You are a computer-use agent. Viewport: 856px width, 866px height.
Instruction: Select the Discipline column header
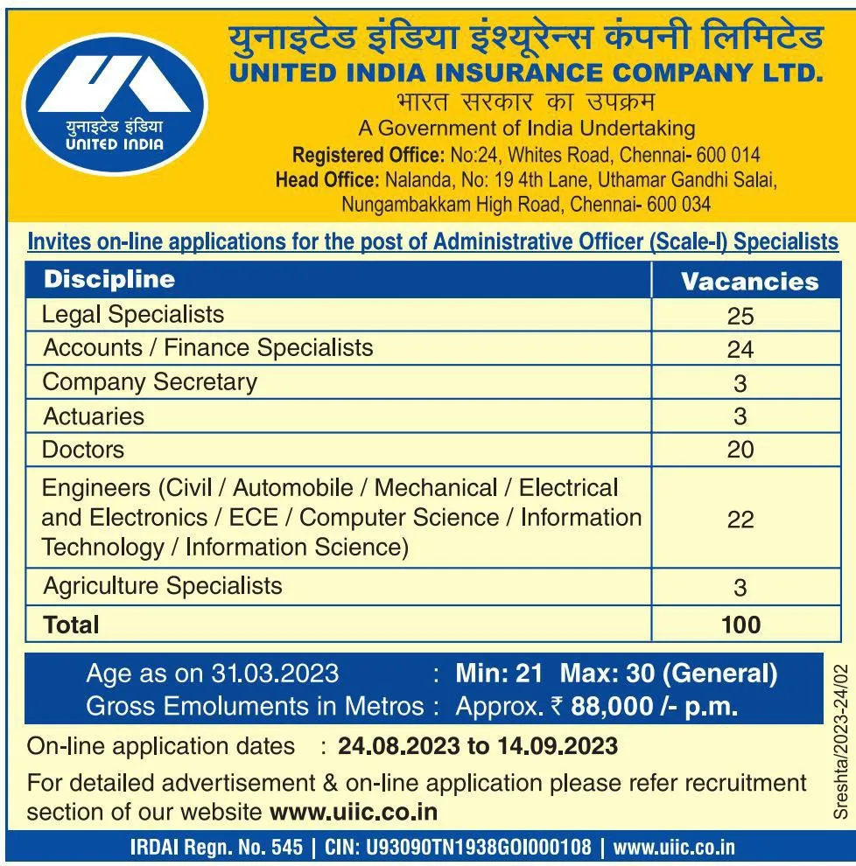(109, 280)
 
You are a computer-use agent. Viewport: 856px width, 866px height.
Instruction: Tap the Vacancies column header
(749, 282)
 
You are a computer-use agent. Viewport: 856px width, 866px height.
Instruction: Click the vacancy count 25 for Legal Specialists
(740, 316)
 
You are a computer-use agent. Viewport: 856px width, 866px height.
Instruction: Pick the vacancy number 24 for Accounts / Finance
(740, 349)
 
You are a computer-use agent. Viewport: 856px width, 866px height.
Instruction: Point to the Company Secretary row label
(150, 382)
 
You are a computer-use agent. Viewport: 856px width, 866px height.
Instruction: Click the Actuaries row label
(94, 416)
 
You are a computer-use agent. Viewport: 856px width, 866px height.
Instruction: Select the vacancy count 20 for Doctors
(740, 450)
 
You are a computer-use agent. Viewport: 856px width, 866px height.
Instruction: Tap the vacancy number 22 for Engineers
(740, 519)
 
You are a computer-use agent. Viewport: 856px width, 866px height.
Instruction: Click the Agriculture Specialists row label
(163, 585)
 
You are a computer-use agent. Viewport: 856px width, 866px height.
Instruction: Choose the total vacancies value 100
(740, 625)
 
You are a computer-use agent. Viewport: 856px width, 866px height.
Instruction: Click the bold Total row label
(72, 625)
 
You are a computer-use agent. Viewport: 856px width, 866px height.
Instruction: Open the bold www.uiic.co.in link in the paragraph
(354, 812)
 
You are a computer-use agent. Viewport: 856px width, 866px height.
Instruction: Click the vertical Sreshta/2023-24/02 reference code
(841, 741)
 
